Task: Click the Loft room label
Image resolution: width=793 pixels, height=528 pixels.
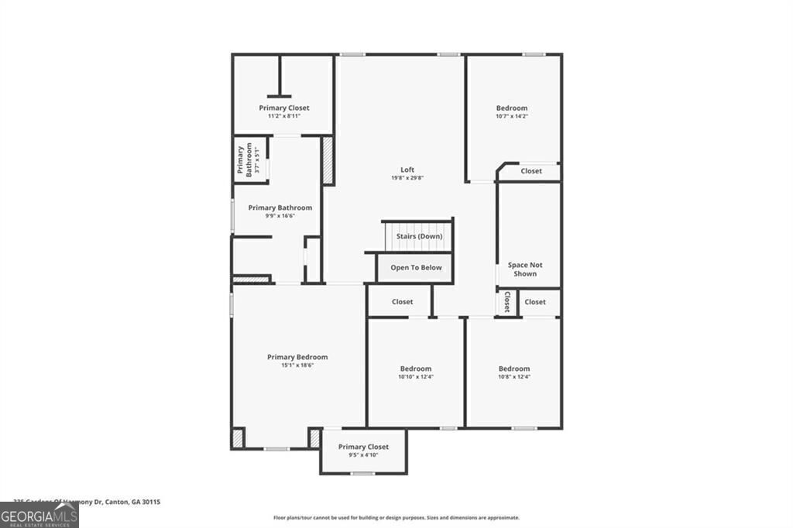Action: [x=407, y=170]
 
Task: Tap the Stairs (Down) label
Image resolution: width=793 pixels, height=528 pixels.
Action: [x=419, y=236]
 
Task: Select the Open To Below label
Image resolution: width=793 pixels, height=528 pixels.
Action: [x=416, y=268]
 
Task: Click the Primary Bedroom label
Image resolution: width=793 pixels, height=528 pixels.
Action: [x=297, y=357]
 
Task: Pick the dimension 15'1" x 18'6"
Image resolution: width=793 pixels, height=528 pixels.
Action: [x=297, y=365]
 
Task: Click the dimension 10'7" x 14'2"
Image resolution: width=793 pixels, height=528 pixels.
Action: [x=512, y=116]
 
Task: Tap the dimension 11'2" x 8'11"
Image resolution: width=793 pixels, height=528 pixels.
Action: [x=284, y=116]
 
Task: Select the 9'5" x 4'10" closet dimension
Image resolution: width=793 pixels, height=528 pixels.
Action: [x=363, y=455]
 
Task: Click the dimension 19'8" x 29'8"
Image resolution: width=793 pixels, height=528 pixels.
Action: [x=407, y=178]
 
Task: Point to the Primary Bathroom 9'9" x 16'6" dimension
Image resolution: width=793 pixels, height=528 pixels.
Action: [x=280, y=216]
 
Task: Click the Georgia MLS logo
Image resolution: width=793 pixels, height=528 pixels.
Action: [x=39, y=516]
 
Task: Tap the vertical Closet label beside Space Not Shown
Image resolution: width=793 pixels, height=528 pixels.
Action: [x=507, y=302]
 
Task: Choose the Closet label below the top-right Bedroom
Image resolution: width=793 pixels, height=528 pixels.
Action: [x=531, y=171]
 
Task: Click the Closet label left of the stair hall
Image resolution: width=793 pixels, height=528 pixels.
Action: [x=403, y=302]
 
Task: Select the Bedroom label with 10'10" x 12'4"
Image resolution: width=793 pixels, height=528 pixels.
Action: [x=416, y=369]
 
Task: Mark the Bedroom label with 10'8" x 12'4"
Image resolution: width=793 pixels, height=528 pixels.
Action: [x=514, y=369]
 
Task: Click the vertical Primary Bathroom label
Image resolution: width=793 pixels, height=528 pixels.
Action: [x=245, y=160]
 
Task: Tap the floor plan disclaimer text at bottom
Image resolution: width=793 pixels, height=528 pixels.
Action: [x=396, y=518]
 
